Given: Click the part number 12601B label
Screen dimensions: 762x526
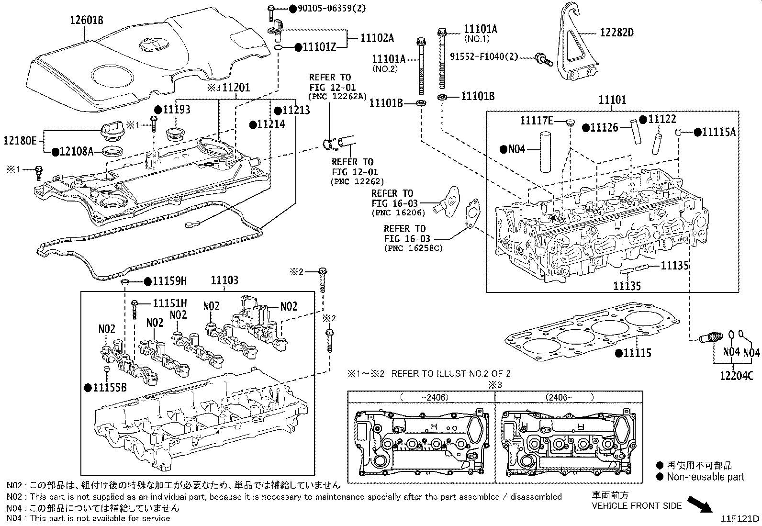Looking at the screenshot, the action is click(87, 20).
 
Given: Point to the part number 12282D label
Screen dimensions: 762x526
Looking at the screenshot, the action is click(617, 33).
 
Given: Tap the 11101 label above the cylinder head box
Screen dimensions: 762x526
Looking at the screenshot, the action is click(612, 100).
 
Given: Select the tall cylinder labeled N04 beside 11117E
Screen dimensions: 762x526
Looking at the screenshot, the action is click(545, 152).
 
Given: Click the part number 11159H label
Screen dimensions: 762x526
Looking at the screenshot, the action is click(169, 281).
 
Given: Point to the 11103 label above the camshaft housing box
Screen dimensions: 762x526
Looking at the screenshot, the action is click(224, 280).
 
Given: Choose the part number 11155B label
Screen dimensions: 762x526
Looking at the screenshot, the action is click(110, 387).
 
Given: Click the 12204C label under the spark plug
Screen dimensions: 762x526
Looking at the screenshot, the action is click(737, 376).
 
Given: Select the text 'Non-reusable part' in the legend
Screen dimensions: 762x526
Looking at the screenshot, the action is click(706, 477).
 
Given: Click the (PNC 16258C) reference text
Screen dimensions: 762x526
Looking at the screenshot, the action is click(414, 248).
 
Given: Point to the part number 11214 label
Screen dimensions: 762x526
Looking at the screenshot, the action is click(271, 124).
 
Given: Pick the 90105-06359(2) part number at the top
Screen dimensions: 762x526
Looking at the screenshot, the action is click(332, 8).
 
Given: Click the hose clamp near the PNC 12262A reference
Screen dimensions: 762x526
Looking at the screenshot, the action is click(330, 144).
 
